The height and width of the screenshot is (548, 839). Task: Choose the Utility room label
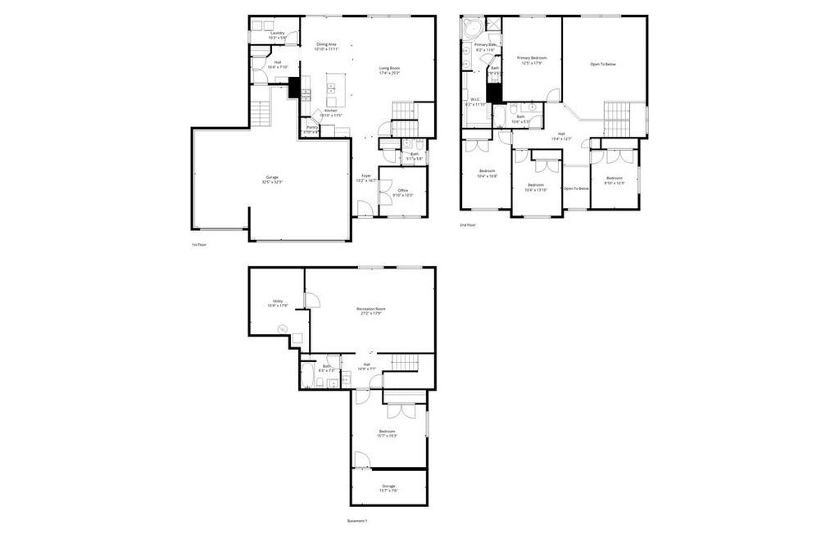[277, 303]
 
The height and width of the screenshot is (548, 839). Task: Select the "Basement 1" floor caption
[357, 521]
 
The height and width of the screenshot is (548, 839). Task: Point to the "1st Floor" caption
[198, 244]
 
